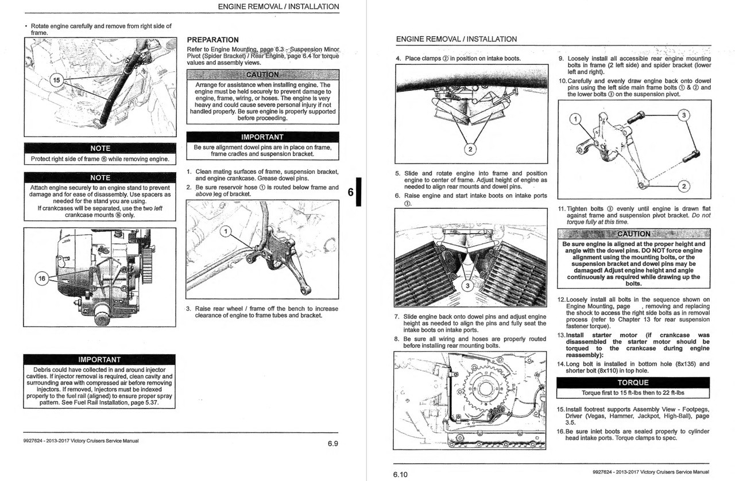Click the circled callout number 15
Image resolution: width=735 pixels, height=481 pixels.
tap(57, 80)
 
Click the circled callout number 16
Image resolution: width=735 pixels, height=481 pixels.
tap(42, 279)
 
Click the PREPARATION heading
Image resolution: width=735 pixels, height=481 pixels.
tap(213, 40)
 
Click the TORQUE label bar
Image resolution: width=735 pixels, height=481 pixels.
tap(633, 382)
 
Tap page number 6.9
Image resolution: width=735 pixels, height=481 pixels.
tap(332, 443)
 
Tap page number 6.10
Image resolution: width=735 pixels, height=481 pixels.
tap(400, 474)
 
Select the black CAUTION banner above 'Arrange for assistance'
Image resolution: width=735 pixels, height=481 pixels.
tap(262, 75)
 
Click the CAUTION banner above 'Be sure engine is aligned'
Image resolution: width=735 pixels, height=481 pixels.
tap(633, 234)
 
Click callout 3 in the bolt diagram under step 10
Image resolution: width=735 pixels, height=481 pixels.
tap(683, 115)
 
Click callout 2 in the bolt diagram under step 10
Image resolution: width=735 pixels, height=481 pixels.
tap(683, 187)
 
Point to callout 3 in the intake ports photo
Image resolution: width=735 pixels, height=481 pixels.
tap(467, 286)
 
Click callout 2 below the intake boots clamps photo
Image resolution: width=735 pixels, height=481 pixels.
tap(470, 150)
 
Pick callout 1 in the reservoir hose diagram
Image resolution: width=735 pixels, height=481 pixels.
tap(226, 231)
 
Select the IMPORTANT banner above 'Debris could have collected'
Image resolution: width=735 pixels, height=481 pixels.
tap(100, 360)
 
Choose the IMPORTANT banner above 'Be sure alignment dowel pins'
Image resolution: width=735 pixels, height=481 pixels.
tap(262, 137)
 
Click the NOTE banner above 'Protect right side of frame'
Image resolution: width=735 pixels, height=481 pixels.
tap(100, 148)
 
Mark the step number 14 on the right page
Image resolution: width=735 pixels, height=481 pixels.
tap(562, 364)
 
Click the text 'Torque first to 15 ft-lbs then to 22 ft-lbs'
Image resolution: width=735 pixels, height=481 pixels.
tap(633, 393)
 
